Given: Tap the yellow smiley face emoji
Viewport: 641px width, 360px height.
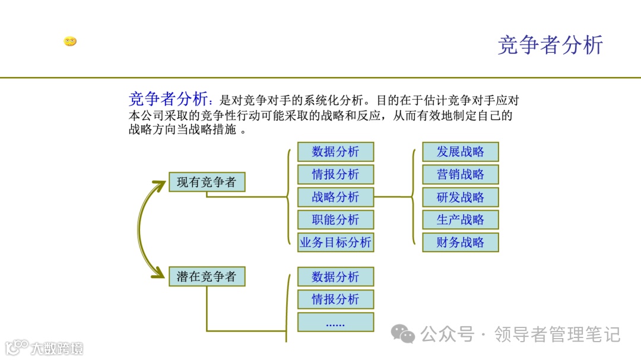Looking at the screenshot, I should coord(70,42).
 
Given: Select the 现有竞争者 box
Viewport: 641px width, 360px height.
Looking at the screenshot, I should coord(207,182).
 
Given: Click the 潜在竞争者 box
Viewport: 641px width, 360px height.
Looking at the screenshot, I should coord(207,276).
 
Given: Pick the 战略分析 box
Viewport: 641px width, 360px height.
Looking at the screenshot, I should coord(336,197).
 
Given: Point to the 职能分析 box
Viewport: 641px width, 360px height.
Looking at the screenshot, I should coord(336,219).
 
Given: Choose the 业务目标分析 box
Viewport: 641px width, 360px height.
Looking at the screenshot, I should coord(336,242).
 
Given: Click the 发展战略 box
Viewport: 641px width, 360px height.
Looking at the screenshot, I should coord(461,152).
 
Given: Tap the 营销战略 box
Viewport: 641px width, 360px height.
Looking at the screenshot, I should coord(461,174).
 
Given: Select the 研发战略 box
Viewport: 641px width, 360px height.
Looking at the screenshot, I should coord(461,197).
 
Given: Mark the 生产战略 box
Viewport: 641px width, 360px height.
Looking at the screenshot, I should coord(461,219).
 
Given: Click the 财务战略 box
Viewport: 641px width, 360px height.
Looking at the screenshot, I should coord(461,242).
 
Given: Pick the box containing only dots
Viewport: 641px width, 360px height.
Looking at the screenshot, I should coord(336,322).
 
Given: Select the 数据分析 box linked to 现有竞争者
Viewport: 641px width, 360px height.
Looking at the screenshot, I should coord(336,152).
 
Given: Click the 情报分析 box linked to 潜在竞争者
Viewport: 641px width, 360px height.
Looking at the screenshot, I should coord(336,299).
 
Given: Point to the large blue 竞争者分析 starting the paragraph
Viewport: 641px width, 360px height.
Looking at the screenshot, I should coord(168,98).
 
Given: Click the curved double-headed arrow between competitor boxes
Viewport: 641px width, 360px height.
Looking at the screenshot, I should coord(142,229).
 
